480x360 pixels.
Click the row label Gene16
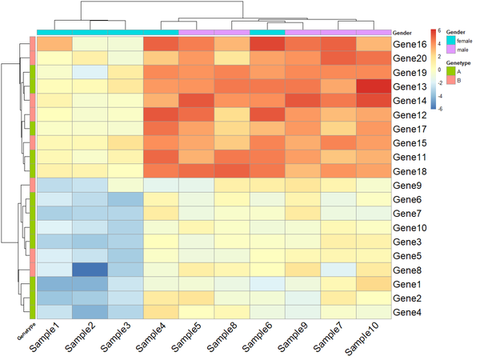point(409,44)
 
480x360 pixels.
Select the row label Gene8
point(406,270)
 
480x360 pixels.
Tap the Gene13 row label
point(409,86)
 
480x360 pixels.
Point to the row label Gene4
point(406,312)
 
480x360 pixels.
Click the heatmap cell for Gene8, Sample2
point(90,270)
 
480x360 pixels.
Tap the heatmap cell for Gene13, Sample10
point(373,86)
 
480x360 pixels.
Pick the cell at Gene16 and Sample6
point(266,44)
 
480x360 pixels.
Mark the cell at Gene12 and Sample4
point(161,114)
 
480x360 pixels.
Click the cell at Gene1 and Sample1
point(54,284)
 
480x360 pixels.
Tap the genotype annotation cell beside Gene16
point(31,44)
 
